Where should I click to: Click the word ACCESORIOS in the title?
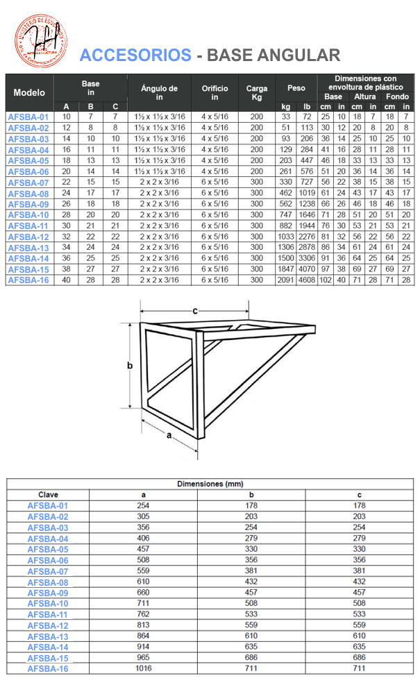point(135,56)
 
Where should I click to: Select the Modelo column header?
point(29,92)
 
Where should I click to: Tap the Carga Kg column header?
point(256,92)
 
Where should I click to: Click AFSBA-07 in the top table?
point(28,183)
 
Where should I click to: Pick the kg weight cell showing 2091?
point(286,280)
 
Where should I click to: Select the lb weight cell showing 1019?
point(306,193)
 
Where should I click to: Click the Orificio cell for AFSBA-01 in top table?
point(215,117)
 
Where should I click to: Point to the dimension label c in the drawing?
point(195,310)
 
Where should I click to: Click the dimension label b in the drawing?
point(130,365)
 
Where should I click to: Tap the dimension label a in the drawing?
point(169,435)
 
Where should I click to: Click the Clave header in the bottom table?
point(48,494)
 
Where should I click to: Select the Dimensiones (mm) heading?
point(210,484)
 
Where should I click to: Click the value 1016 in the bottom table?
point(144,668)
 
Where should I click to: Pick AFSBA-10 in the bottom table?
point(48,603)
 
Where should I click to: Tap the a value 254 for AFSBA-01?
point(144,505)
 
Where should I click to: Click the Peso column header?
point(296,88)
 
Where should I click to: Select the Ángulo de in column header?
point(159,92)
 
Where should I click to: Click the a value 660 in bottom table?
point(144,592)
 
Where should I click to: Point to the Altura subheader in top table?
point(364,97)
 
